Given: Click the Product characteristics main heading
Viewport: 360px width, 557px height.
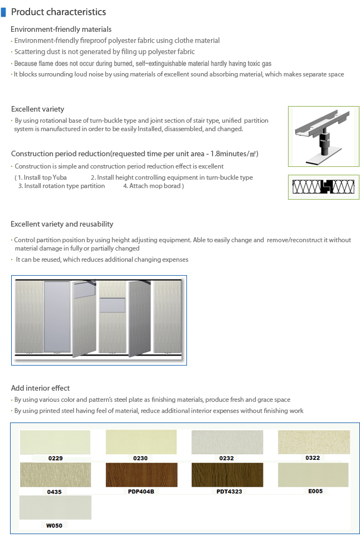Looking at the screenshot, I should tap(58, 12).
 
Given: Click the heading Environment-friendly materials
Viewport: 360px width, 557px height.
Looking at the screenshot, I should tap(61, 29).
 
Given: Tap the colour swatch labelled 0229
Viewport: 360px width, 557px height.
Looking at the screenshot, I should tap(55, 442).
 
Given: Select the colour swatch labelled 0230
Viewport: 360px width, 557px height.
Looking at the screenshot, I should tap(141, 442).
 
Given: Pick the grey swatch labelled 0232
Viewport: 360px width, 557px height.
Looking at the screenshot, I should tap(227, 442).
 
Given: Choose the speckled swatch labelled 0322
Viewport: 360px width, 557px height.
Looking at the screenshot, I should tap(313, 441).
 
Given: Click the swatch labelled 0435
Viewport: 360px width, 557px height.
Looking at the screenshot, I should tap(55, 475).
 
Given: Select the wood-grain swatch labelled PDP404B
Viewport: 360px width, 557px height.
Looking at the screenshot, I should tap(141, 475).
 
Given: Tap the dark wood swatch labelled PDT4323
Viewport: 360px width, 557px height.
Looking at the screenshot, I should tap(227, 475).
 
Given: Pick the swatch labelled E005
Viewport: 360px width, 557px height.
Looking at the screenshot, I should tap(313, 474).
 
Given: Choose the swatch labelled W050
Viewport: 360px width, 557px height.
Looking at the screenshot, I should tap(55, 507).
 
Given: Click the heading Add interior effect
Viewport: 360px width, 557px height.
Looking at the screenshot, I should tap(40, 388).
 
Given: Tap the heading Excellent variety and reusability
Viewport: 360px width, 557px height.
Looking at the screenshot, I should tap(62, 224).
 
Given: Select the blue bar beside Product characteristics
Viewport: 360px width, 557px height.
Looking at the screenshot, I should tap(4, 12).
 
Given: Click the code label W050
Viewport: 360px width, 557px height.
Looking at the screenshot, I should tap(54, 525).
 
